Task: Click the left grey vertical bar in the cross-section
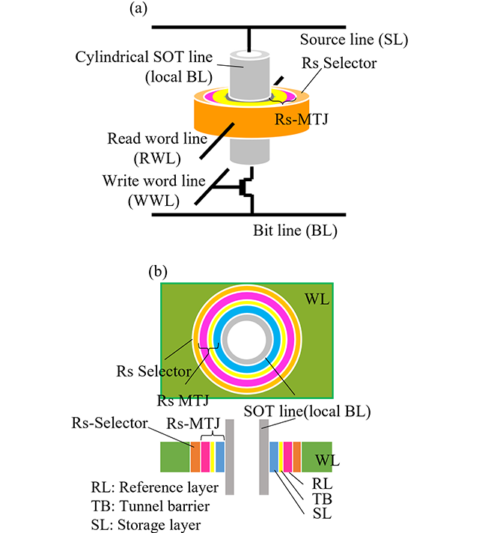click(x=231, y=457)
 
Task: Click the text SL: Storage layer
click(x=147, y=525)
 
